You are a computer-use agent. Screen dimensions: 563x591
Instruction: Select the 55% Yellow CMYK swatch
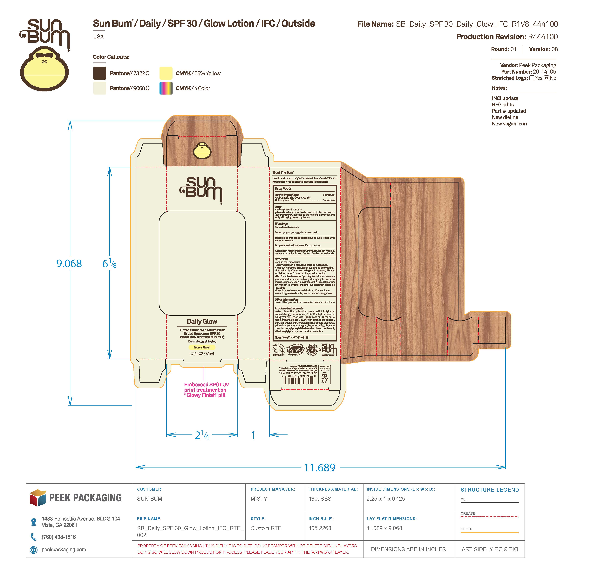(166, 73)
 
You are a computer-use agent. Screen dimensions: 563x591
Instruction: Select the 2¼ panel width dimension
(202, 435)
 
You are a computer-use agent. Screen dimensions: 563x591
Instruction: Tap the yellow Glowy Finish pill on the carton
(202, 347)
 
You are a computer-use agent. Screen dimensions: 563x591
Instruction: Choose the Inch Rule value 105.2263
(320, 528)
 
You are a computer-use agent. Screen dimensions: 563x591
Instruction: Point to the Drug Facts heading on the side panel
(283, 189)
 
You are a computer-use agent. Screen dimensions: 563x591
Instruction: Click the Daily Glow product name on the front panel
(202, 321)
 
